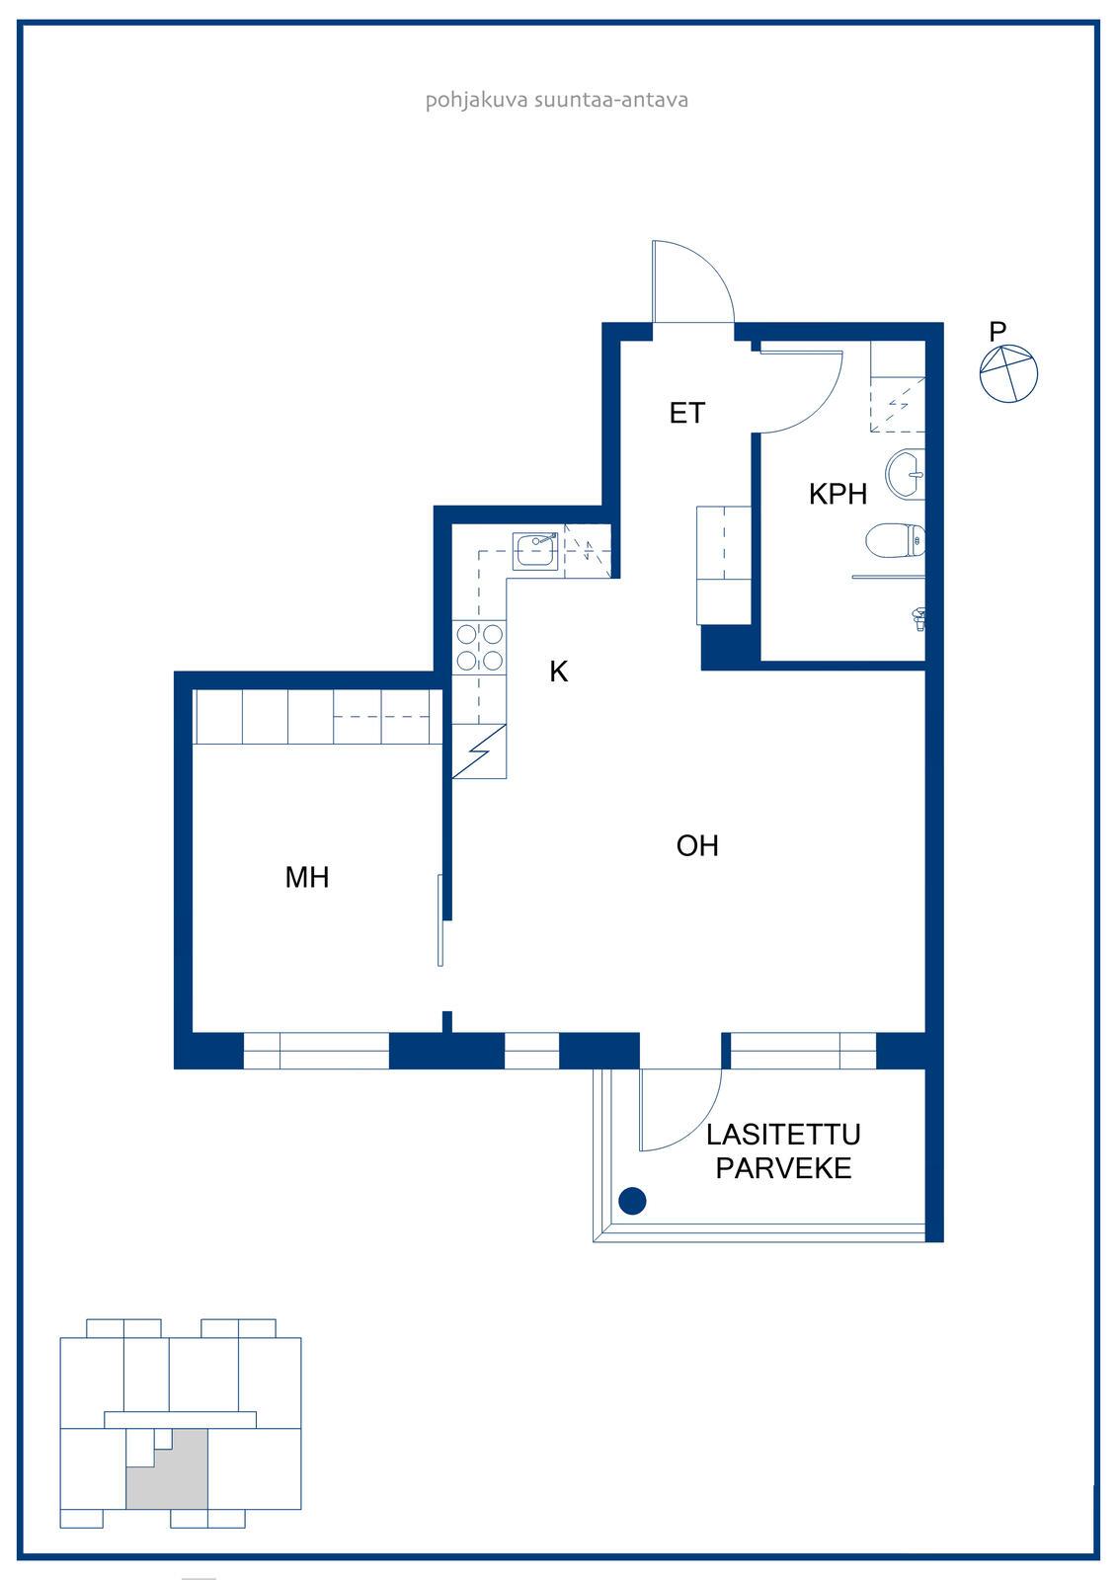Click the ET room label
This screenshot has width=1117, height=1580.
[686, 414]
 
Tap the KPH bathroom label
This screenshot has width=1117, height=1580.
[838, 495]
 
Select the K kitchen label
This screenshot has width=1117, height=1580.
[559, 671]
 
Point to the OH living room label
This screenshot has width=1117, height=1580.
[697, 845]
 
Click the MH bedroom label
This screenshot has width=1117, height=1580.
[307, 878]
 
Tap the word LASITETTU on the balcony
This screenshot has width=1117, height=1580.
[783, 1135]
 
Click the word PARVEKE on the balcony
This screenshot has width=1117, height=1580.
[783, 1169]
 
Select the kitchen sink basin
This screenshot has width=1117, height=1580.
[535, 551]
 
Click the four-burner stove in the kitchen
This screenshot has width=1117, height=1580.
[479, 648]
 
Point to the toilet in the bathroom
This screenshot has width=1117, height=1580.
[895, 541]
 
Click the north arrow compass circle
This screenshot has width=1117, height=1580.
[1009, 374]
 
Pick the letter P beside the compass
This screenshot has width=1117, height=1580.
[997, 331]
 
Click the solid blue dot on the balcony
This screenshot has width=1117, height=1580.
[632, 1201]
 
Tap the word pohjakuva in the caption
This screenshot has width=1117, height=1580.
[476, 100]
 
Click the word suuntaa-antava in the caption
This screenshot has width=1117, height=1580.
[611, 100]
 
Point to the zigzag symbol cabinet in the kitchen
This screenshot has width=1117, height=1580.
[479, 751]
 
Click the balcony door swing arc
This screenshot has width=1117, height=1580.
[698, 1121]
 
